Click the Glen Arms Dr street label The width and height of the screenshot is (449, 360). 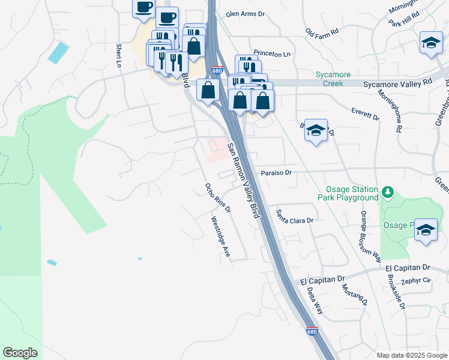click(245, 14)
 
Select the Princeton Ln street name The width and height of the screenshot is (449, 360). click(271, 54)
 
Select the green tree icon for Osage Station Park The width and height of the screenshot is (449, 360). click(388, 193)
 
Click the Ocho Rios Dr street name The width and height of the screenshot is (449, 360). click(217, 198)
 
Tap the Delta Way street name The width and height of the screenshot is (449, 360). click(315, 301)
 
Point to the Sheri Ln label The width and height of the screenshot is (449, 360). click(120, 56)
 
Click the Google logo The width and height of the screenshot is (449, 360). click(20, 353)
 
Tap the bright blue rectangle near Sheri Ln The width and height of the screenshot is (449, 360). click(59, 52)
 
